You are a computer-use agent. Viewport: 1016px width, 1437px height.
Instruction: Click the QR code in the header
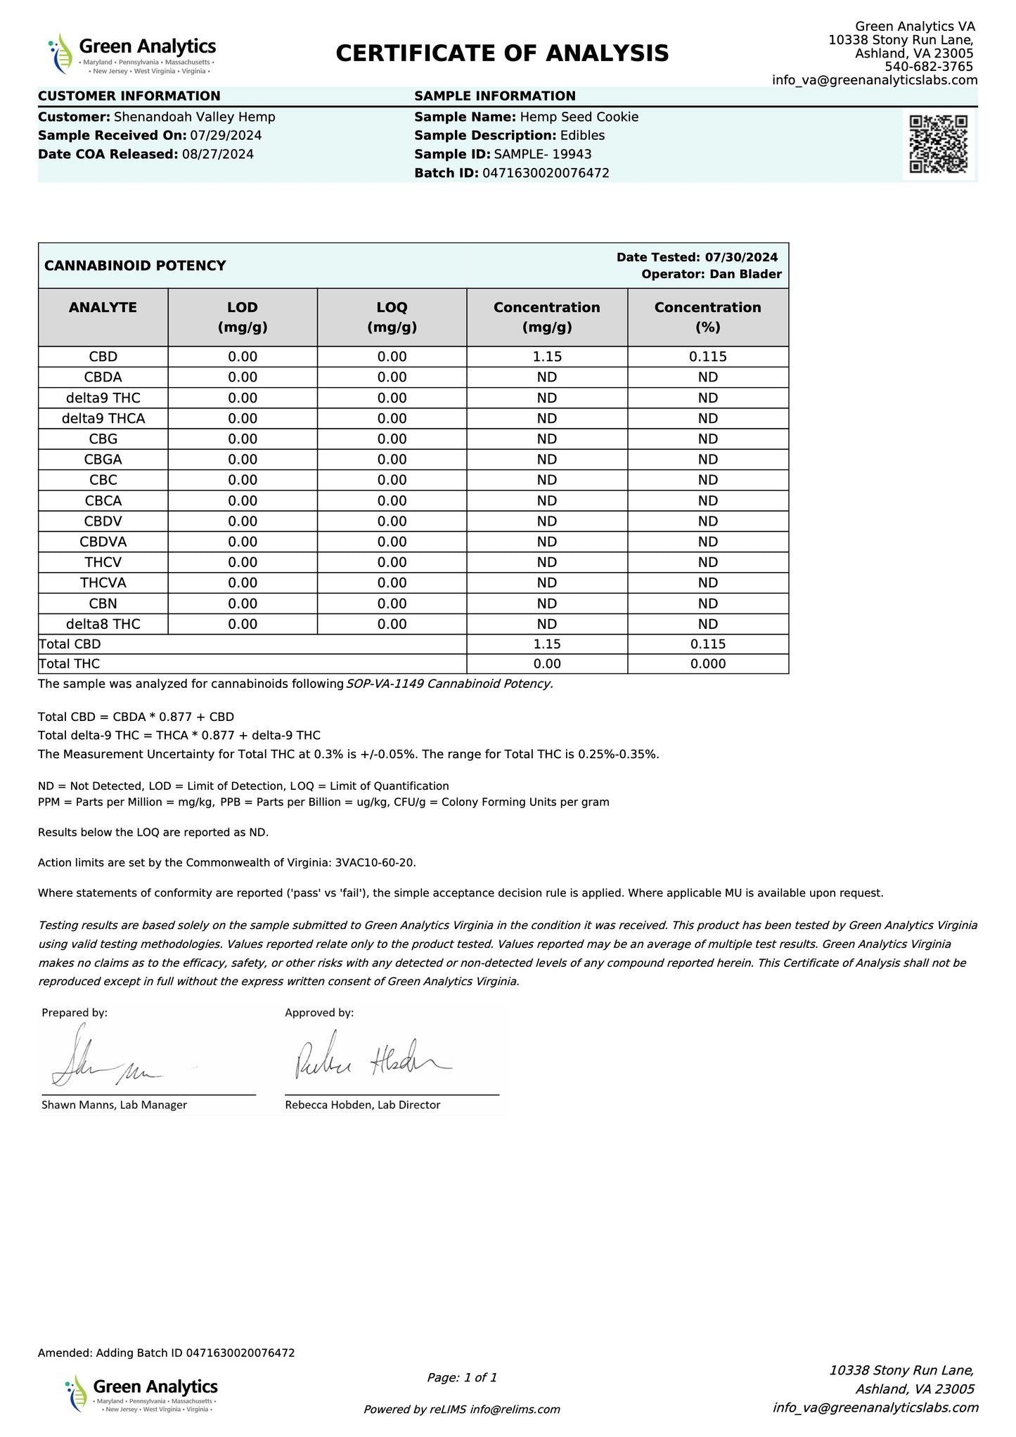point(939,143)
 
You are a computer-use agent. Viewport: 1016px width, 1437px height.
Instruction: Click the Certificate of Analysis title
point(502,53)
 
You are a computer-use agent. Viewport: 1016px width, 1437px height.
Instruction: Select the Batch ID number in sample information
point(546,173)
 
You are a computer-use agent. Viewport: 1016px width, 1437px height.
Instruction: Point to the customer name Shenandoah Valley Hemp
point(194,117)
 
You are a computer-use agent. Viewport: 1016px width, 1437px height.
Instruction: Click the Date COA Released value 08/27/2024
point(217,155)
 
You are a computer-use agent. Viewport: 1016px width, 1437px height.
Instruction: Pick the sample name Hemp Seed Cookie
point(579,117)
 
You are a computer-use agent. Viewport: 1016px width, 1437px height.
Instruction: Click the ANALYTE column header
point(103,308)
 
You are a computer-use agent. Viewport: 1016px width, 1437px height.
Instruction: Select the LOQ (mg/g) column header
point(392,317)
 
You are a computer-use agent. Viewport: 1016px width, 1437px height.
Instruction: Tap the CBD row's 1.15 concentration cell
point(547,357)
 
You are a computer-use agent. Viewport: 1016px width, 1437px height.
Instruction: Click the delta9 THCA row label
point(103,419)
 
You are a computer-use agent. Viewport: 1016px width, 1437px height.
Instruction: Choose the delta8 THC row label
point(103,624)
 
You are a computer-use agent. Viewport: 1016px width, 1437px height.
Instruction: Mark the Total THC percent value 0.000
point(707,664)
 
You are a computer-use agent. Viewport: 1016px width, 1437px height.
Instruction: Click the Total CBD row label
point(70,644)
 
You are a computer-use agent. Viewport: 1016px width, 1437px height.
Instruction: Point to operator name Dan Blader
point(745,275)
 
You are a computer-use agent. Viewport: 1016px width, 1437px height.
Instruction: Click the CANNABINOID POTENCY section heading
point(135,266)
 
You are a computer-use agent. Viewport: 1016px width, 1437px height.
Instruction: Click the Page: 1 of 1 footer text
point(462,1378)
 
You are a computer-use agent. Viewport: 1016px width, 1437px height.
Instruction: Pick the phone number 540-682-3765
point(928,67)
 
